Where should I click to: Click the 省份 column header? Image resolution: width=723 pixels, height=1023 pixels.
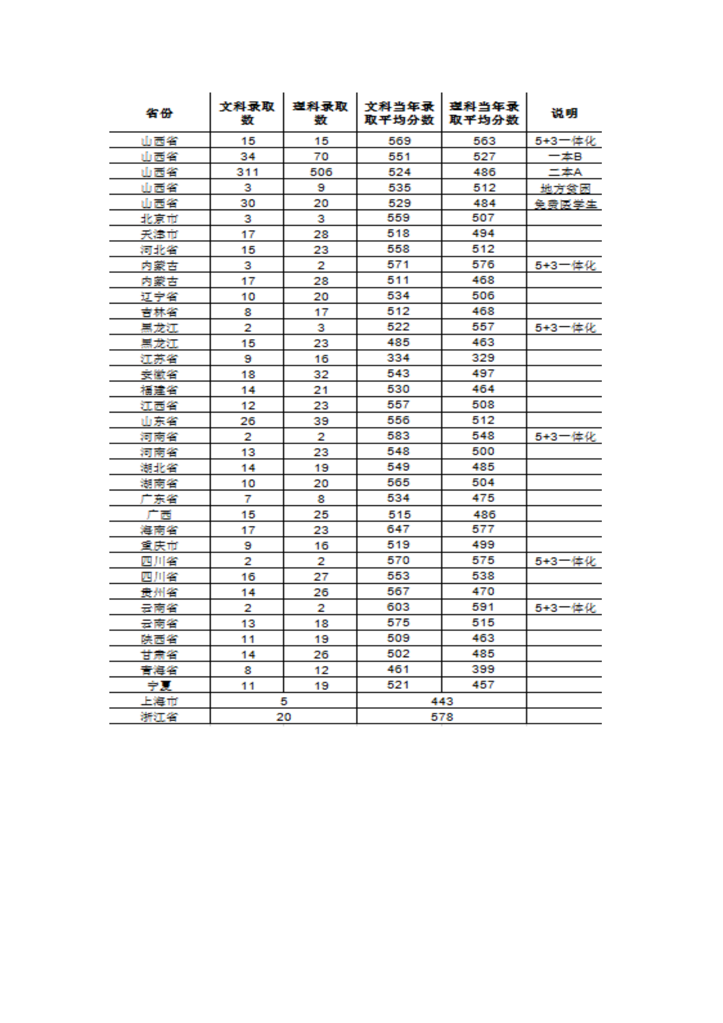159,113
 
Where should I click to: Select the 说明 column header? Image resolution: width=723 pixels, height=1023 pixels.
564,113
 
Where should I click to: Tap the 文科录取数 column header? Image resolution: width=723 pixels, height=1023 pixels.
247,113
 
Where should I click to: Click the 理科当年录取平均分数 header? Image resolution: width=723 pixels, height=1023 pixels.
484,113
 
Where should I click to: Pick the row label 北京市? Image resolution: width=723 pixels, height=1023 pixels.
159,219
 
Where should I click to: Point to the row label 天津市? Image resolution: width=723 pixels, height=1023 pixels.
159,234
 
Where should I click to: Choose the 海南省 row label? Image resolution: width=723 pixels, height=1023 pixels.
159,530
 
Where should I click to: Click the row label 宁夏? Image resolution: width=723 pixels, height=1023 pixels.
159,685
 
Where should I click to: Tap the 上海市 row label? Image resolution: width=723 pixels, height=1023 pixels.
159,701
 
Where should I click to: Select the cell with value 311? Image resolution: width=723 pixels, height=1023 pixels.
247,172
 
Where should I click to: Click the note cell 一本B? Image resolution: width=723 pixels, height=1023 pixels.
565,157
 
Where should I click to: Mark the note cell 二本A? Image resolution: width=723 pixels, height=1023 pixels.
565,172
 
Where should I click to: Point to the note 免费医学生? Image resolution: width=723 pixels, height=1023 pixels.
565,204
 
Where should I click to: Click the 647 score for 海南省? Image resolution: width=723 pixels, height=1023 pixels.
399,529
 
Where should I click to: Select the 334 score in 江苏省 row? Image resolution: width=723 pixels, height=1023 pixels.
399,358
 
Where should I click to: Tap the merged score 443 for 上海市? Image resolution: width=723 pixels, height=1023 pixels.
441,701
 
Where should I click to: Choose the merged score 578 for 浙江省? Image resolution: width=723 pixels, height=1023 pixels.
441,717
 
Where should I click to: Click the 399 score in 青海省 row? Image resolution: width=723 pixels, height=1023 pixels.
483,669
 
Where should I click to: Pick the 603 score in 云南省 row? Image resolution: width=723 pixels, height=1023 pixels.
399,607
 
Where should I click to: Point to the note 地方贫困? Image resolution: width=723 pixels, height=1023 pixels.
565,188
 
